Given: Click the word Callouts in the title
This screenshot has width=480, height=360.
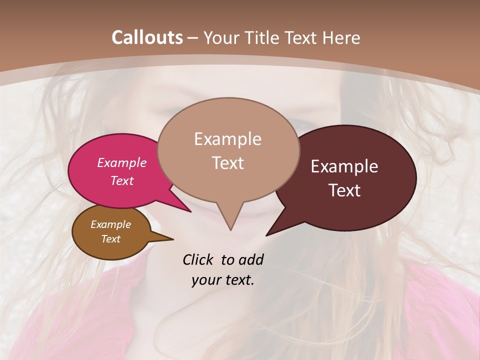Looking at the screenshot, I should tap(147, 37).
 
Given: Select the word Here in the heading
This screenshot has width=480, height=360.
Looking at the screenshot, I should tap(341, 37).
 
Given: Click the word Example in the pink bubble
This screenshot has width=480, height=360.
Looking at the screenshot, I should tap(122, 162).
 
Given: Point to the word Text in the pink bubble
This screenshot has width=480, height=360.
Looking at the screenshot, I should tap(122, 180).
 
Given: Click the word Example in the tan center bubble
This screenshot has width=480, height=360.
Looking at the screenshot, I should tap(227, 139).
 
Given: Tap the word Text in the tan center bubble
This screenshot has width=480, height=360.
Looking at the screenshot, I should tap(227, 163).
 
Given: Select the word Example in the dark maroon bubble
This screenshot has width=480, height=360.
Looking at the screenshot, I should tap(344, 166).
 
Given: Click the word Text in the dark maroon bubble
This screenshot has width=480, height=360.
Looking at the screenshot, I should tap(344, 190).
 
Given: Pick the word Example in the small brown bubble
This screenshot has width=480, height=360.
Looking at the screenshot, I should tap(110, 224).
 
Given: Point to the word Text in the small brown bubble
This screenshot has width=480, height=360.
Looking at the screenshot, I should tap(110, 239).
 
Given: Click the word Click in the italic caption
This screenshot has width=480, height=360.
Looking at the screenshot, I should tap(198, 259).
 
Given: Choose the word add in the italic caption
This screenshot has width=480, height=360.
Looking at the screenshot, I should tap(251, 259).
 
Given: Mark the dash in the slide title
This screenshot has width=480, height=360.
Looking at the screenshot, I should tap(193, 38).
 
